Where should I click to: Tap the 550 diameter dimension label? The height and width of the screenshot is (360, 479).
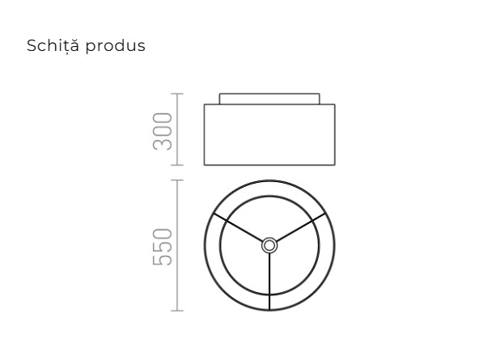[x=163, y=246]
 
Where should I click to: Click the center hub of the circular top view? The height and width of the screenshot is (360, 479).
[x=269, y=245]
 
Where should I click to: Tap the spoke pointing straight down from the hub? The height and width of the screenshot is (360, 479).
[x=269, y=279]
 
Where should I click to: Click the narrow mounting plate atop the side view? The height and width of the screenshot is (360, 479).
[x=269, y=99]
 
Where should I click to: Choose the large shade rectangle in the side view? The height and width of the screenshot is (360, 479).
[x=269, y=134]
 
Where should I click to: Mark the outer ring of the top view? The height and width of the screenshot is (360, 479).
[x=206, y=245]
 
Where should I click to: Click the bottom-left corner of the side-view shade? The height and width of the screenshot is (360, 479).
[x=204, y=165]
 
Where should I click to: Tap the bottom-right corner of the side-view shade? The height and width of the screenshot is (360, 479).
[x=335, y=165]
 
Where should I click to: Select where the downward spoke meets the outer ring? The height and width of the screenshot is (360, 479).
[x=269, y=309]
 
